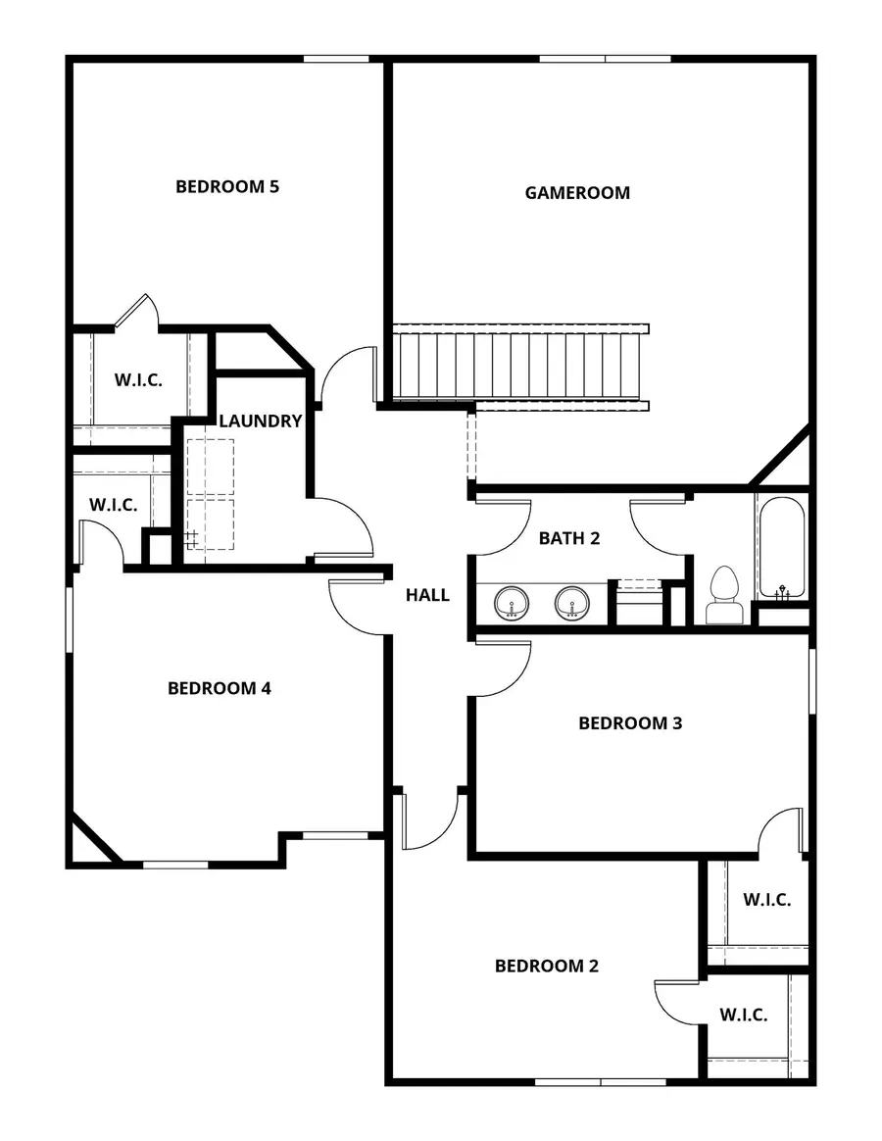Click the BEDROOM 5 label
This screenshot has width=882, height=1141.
(x=227, y=186)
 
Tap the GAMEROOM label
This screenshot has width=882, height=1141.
(x=577, y=193)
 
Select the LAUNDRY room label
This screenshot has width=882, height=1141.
(x=260, y=422)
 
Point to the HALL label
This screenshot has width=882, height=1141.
(x=428, y=595)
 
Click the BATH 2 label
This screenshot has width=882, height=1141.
(x=569, y=537)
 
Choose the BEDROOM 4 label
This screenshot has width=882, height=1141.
(x=220, y=688)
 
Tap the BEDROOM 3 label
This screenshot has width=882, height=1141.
(x=630, y=723)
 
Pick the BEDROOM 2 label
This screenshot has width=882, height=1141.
(x=546, y=966)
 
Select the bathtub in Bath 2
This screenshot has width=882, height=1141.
(x=781, y=547)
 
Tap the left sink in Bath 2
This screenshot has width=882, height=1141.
(x=511, y=603)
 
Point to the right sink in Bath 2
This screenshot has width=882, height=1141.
(x=572, y=603)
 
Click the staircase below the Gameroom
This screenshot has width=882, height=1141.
(x=519, y=363)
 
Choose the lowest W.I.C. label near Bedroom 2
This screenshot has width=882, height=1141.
(x=744, y=1015)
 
